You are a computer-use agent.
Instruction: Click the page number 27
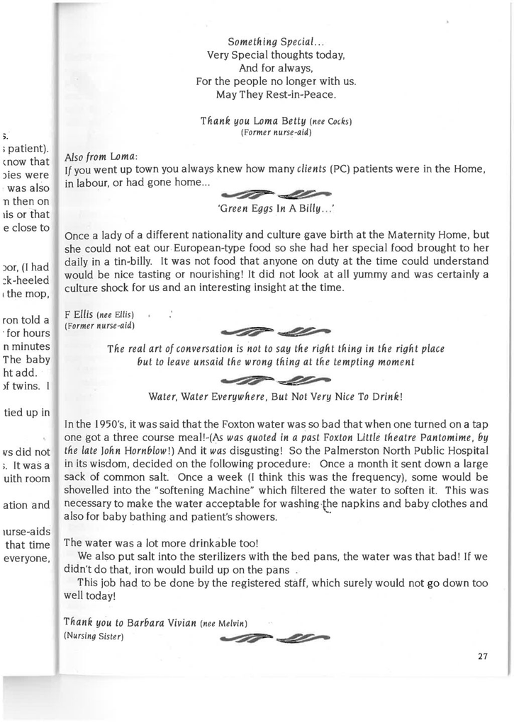click(483, 656)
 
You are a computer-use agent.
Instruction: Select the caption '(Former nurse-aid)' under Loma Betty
click(276, 132)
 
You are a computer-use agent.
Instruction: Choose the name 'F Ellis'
click(78, 314)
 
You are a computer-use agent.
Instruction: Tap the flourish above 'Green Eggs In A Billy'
click(276, 193)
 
